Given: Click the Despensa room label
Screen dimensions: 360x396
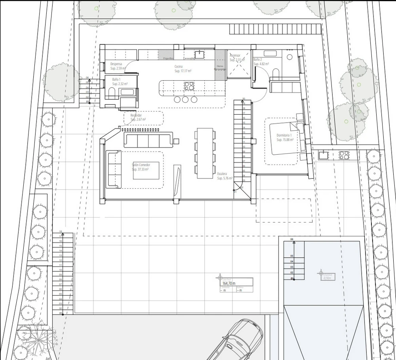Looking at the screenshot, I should pyautogui.click(x=116, y=64).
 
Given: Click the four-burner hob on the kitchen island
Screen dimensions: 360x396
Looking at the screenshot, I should pyautogui.click(x=189, y=86).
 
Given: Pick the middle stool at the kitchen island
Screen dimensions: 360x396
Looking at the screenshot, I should pyautogui.click(x=185, y=99).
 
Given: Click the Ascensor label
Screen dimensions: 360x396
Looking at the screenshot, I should pyautogui.click(x=235, y=55).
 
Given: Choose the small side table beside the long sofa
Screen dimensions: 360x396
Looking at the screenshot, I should pyautogui.click(x=176, y=141).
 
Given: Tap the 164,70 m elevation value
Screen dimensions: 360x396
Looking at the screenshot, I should pyautogui.click(x=229, y=283).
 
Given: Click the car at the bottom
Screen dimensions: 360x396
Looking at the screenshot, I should pyautogui.click(x=238, y=340).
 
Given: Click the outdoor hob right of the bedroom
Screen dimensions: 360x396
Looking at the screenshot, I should pyautogui.click(x=344, y=155).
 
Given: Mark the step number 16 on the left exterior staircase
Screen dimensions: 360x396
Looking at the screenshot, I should pyautogui.click(x=61, y=231).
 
